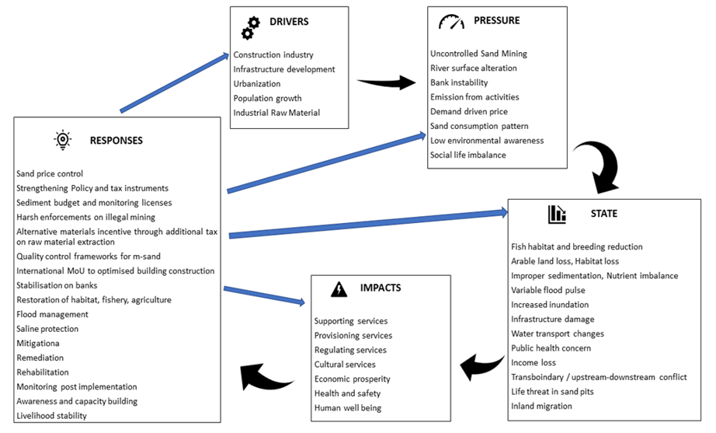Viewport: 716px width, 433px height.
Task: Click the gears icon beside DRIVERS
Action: click(250, 27)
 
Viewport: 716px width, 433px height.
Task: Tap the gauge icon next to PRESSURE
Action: click(451, 22)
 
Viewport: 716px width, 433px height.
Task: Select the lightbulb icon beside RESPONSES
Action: click(63, 140)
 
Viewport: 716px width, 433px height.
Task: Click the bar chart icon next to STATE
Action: click(557, 214)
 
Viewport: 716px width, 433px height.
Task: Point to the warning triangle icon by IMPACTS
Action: click(339, 289)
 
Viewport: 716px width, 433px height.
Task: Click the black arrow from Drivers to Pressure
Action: click(386, 82)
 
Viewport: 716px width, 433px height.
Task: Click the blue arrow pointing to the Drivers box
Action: click(175, 82)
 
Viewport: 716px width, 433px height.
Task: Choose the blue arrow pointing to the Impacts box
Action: click(264, 295)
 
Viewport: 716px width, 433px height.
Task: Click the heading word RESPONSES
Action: click(116, 141)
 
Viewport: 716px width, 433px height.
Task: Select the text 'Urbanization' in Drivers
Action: click(257, 84)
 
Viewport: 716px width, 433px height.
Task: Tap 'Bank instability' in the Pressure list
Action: click(459, 82)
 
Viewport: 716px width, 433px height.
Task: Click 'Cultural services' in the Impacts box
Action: click(345, 365)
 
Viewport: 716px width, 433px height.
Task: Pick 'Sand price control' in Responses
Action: click(50, 174)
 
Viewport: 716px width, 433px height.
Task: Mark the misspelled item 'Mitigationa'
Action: click(38, 344)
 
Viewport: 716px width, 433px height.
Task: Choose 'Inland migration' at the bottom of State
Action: click(541, 406)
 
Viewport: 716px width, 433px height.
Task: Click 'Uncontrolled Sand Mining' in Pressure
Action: click(478, 54)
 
